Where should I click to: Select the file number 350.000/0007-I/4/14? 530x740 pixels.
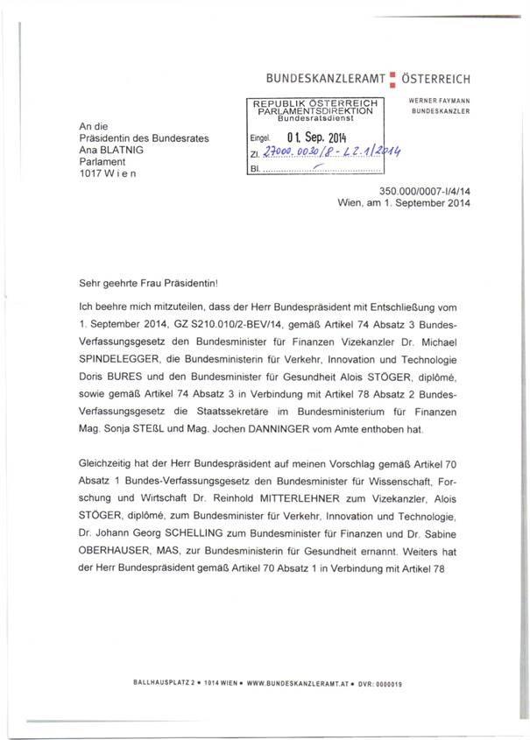tap(426, 191)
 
